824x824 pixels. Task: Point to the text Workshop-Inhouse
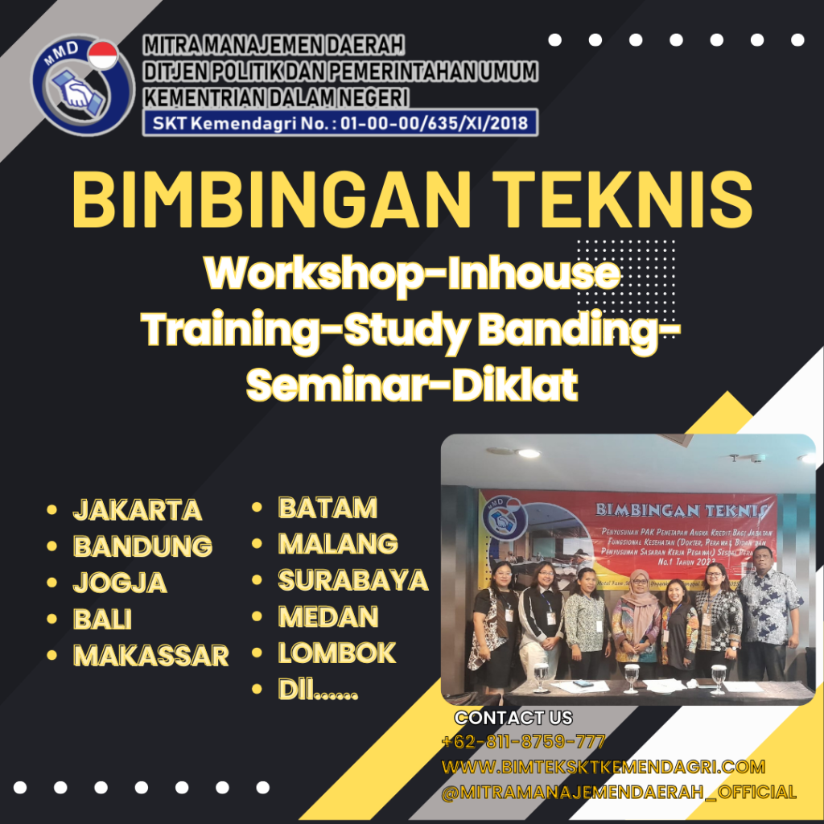[x=412, y=274]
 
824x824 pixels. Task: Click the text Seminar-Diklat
[x=412, y=386]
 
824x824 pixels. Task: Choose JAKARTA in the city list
[x=138, y=509]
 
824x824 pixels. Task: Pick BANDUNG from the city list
[x=142, y=546]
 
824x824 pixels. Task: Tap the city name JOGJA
[x=120, y=583]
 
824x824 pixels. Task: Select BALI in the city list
[x=102, y=620]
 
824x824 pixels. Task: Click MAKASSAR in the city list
[x=151, y=656]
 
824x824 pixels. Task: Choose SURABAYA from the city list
[x=352, y=580]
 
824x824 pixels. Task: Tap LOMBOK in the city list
[x=337, y=653]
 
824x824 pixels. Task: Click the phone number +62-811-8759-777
[x=523, y=742]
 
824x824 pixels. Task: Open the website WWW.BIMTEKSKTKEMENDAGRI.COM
[x=604, y=767]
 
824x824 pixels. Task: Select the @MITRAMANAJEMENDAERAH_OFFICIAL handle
[x=619, y=793]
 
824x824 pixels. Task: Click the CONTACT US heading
[x=513, y=718]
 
